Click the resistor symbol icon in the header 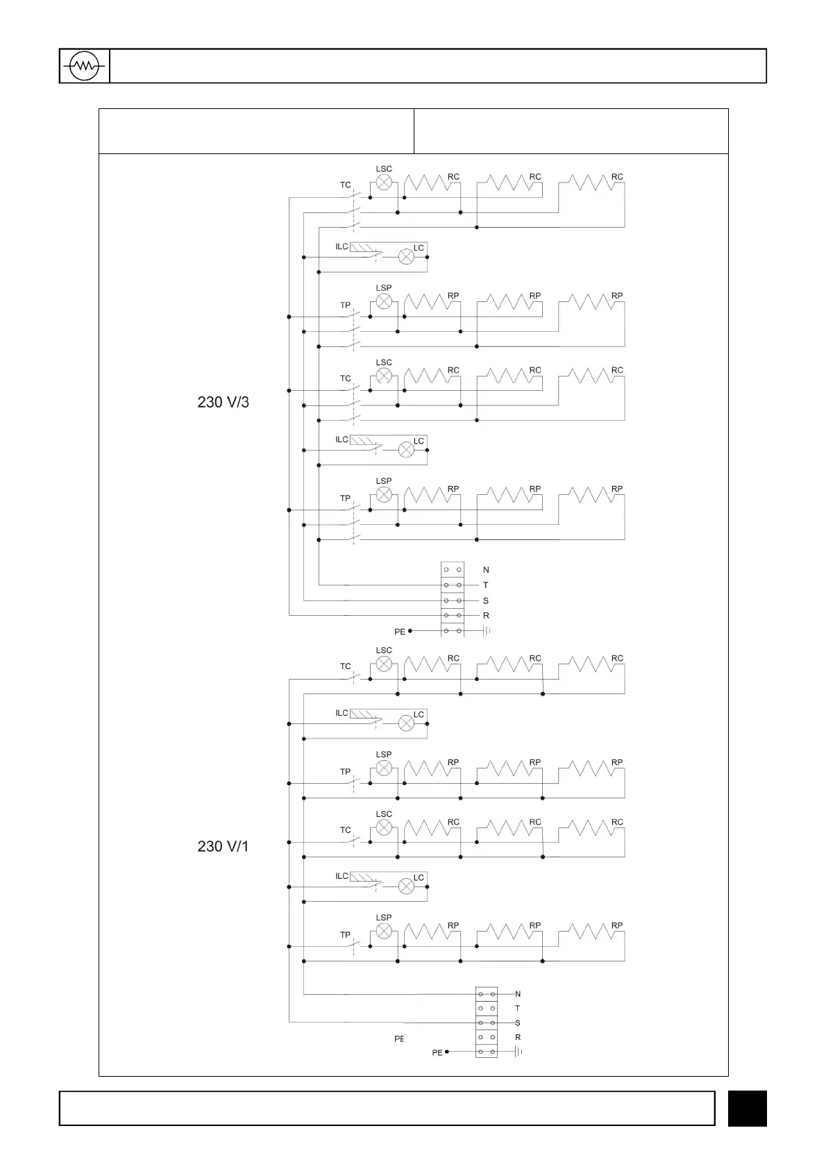coord(84,67)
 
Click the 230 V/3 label coord(223,402)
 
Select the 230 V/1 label coord(223,846)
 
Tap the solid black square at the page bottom coord(747,1108)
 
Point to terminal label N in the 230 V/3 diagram coord(486,570)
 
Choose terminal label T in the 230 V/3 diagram coord(486,585)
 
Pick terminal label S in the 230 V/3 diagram coord(486,600)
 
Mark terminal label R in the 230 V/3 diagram coord(486,616)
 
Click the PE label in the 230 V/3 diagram coord(400,632)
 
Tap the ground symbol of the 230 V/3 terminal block coord(487,631)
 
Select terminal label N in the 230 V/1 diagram coord(518,994)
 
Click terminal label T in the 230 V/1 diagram coord(518,1008)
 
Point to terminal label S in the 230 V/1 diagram coord(518,1023)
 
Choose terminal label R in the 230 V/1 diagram coord(518,1037)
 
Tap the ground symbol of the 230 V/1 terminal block coord(519,1052)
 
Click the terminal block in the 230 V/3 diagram coord(452,600)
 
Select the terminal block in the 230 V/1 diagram coord(486,1023)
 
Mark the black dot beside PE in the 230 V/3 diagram coord(410,631)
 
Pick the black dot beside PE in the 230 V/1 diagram coord(447,1052)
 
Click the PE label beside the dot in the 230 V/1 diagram coord(437,1053)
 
